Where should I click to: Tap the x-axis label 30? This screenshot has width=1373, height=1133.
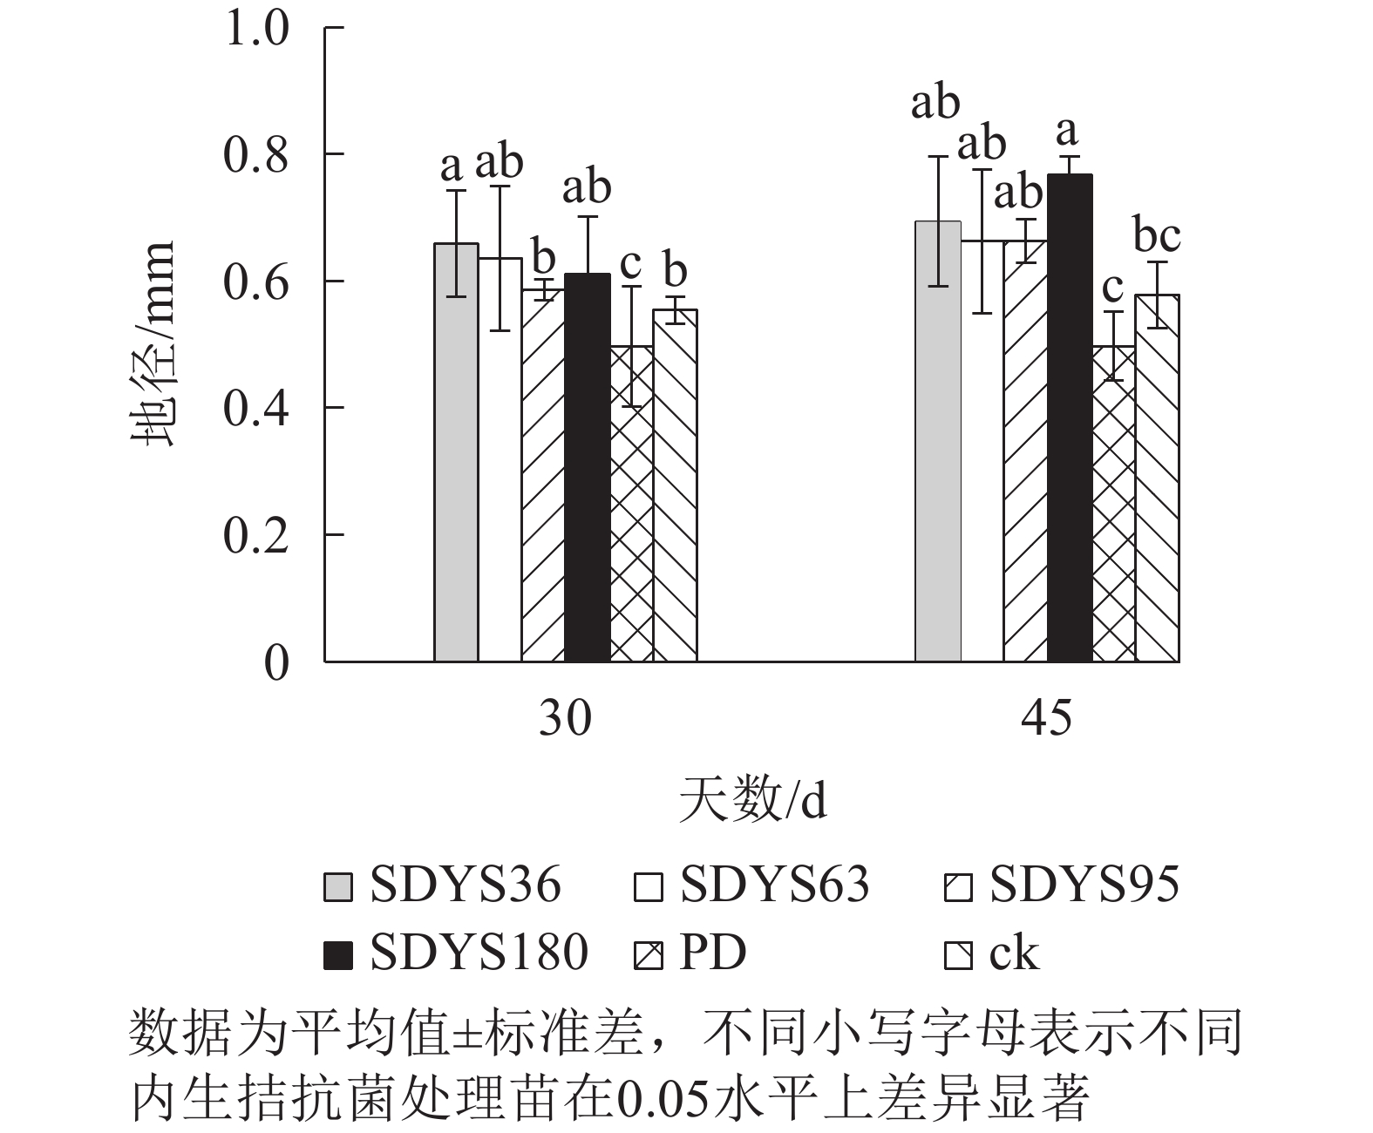[565, 720]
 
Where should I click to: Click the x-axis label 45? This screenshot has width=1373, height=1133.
[1046, 720]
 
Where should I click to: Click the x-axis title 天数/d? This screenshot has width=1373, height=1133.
[751, 800]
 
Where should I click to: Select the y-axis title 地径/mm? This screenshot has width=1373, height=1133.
[153, 344]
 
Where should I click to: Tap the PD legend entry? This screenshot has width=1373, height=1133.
[689, 952]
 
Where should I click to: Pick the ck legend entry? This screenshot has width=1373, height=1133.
[994, 952]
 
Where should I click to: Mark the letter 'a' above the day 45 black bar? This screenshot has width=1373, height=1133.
[1067, 132]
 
